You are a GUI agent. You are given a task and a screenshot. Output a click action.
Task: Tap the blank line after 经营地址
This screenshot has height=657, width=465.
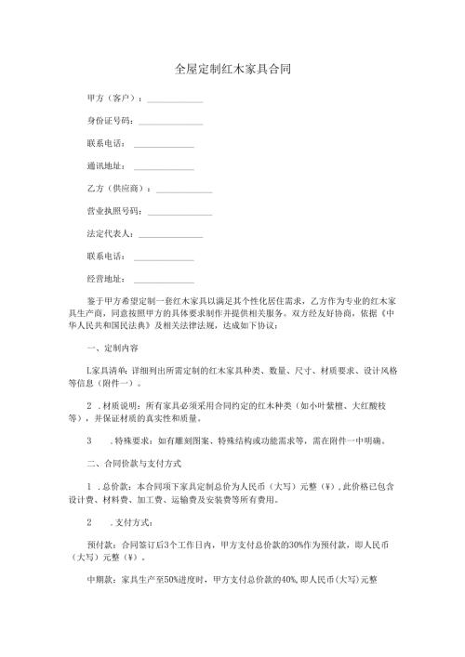click(164, 280)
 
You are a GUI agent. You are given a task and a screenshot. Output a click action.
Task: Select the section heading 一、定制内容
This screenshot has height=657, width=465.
click(112, 348)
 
